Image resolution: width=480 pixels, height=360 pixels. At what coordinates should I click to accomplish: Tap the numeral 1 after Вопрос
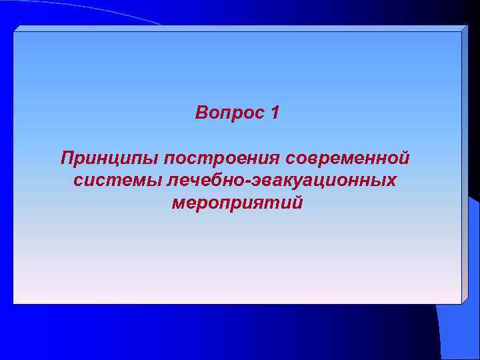(275, 113)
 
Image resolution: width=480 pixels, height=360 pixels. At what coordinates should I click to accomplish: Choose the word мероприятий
(237, 202)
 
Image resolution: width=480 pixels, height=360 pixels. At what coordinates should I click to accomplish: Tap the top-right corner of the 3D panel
(468, 26)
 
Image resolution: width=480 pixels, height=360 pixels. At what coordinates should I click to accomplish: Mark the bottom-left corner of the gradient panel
(14, 303)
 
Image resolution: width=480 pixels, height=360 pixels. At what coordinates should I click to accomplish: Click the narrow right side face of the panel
(465, 167)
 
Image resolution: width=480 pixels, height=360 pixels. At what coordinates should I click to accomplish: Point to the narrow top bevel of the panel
(240, 29)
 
